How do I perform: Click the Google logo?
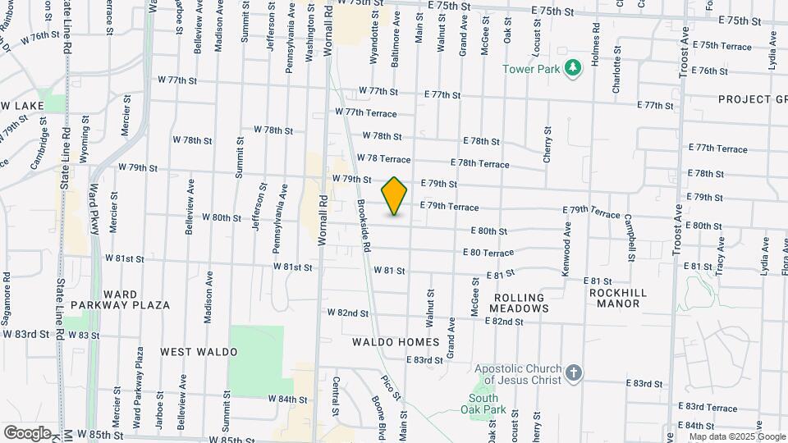[x=27, y=433]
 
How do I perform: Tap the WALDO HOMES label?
[x=396, y=341]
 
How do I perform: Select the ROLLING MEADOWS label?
[x=519, y=303]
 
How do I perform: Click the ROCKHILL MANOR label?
[x=618, y=298]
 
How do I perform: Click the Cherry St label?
[x=547, y=144]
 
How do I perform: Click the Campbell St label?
[x=629, y=237]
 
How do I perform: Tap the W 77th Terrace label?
[x=365, y=112]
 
